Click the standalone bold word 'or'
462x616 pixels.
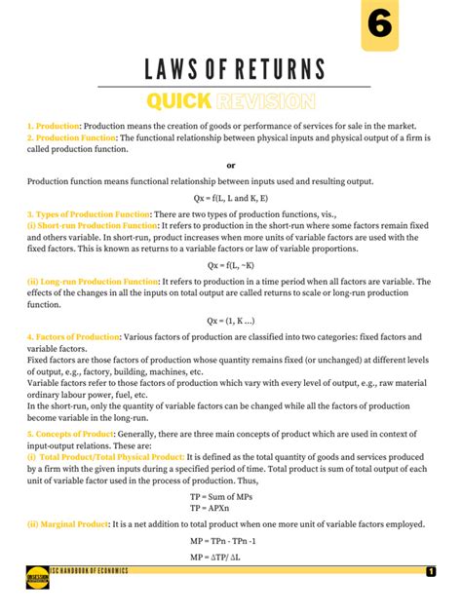point(231,165)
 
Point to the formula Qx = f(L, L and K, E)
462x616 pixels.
point(231,197)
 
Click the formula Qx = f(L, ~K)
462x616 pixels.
point(231,265)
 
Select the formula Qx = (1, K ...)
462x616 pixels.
point(231,320)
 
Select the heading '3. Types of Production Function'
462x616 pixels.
point(89,212)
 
